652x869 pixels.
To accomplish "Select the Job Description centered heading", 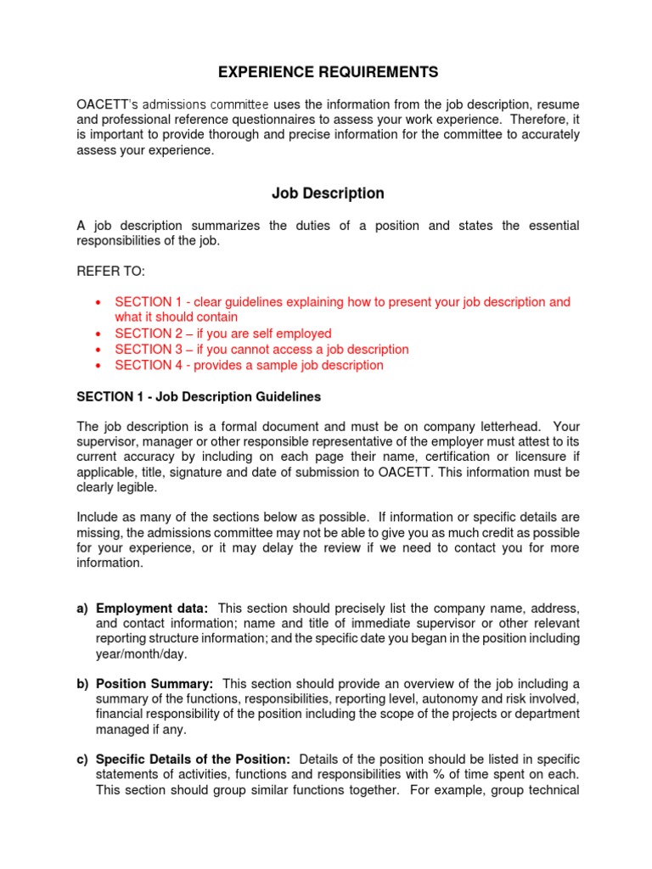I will [328, 193].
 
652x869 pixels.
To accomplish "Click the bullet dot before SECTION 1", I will [99, 303].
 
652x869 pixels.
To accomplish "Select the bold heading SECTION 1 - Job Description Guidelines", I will [199, 396].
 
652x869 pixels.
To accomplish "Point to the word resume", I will [558, 104].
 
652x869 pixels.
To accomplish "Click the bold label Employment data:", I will [152, 608].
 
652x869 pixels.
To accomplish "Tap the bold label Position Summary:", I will [155, 684].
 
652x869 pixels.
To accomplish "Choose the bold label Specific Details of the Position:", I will [194, 759].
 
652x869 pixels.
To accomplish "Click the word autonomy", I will [462, 699].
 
